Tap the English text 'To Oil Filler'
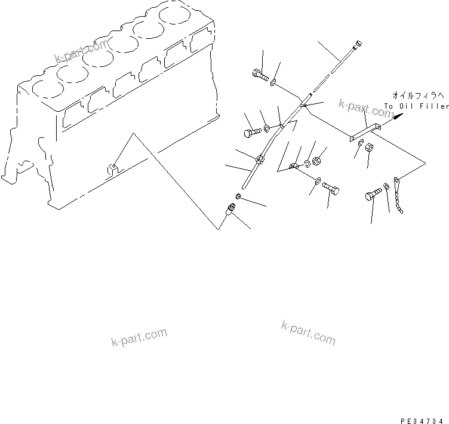point(416,106)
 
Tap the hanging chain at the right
point(399,197)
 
